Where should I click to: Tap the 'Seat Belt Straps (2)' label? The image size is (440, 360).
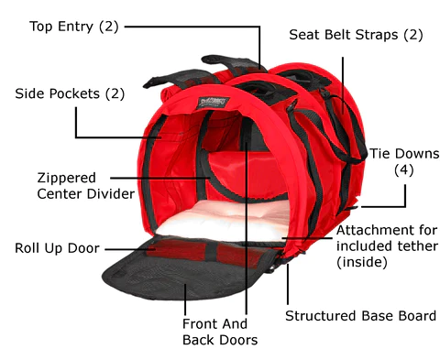click(x=356, y=36)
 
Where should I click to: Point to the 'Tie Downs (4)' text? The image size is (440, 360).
click(x=403, y=161)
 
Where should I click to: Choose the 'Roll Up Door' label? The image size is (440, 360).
click(x=57, y=247)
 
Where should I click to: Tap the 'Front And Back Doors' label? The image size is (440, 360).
click(x=220, y=331)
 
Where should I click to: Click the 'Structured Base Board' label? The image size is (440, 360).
click(x=360, y=316)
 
